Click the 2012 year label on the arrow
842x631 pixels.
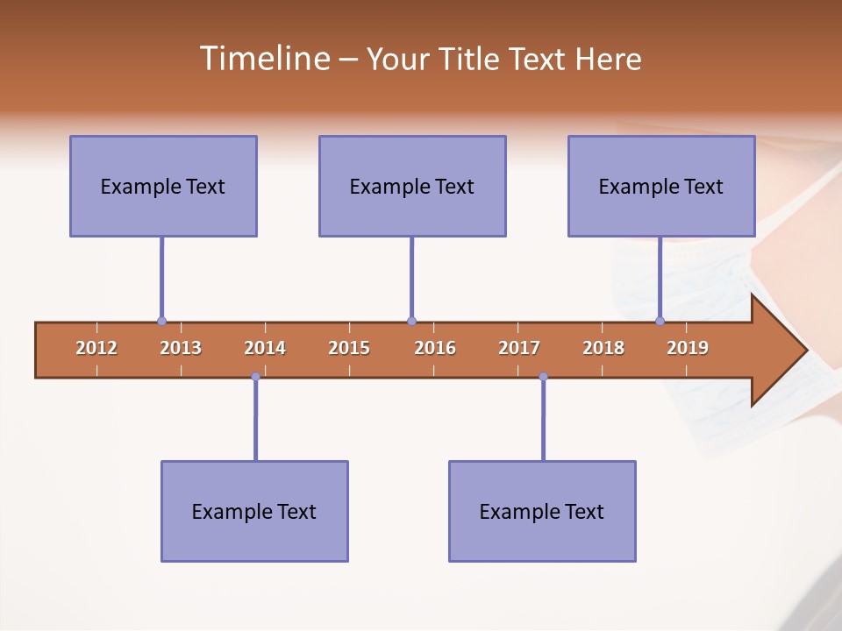coord(96,348)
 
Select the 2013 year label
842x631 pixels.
coord(181,348)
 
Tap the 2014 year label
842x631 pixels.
coord(265,348)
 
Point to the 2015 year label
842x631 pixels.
coord(349,348)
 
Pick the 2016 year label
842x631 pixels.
coord(435,348)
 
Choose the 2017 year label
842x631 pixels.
coord(519,348)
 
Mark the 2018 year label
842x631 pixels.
coord(603,348)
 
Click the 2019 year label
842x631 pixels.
coord(688,348)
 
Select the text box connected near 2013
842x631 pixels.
coord(163,186)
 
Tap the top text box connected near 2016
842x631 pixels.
coord(412,186)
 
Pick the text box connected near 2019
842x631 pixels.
coord(661,186)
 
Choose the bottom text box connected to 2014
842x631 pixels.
coord(254,511)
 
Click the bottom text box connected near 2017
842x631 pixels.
coord(542,511)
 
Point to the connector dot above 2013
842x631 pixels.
coord(161,322)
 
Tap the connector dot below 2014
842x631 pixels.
coord(255,377)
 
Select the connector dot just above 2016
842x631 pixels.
coord(411,322)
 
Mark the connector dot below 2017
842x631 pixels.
coord(543,377)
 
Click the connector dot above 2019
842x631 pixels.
coord(660,322)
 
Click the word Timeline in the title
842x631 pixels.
coord(263,59)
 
